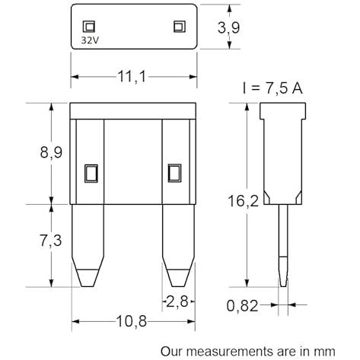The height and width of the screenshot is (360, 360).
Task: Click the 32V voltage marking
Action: click(x=90, y=40)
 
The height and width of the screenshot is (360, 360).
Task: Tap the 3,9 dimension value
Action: click(x=228, y=27)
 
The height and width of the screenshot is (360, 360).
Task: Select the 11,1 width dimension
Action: click(x=132, y=76)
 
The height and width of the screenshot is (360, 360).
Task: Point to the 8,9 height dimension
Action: click(x=51, y=152)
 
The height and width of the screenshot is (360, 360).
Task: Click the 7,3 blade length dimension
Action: click(x=51, y=241)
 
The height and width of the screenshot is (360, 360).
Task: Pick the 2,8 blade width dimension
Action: click(x=177, y=301)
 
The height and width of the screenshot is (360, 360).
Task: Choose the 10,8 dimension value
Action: click(x=132, y=321)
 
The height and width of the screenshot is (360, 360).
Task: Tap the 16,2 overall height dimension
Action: click(x=243, y=201)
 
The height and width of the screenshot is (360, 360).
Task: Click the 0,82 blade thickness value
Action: click(x=242, y=306)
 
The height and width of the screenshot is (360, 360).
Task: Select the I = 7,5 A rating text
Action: click(x=272, y=88)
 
